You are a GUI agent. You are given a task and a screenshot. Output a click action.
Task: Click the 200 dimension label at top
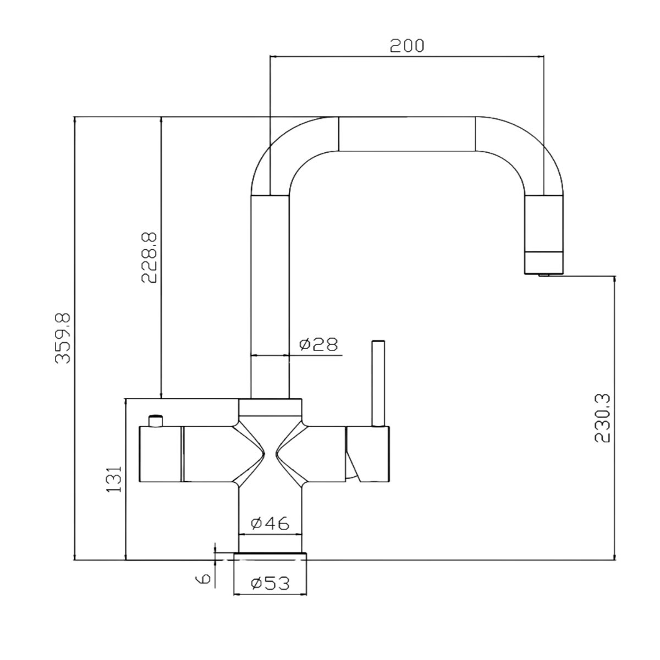click(x=407, y=46)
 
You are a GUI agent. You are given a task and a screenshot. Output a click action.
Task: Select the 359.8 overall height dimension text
click(x=63, y=338)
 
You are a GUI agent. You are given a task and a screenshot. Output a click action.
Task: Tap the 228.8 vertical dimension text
click(x=149, y=257)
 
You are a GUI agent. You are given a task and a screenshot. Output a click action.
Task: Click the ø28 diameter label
click(x=318, y=344)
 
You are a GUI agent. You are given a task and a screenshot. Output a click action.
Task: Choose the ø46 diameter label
click(x=270, y=523)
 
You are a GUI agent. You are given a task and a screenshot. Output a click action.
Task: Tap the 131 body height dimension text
click(x=114, y=479)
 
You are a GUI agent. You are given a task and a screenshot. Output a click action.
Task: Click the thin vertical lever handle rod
click(x=378, y=383)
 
